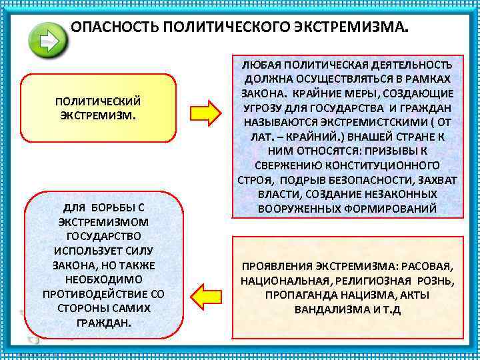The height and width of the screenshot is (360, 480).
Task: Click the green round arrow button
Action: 48,41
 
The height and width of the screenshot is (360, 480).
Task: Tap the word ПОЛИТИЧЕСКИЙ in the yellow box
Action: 98,101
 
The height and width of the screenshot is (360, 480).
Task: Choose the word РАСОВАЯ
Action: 428,265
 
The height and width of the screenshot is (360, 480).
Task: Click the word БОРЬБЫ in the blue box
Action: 109,206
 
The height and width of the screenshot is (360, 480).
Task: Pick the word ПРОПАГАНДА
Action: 301,295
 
